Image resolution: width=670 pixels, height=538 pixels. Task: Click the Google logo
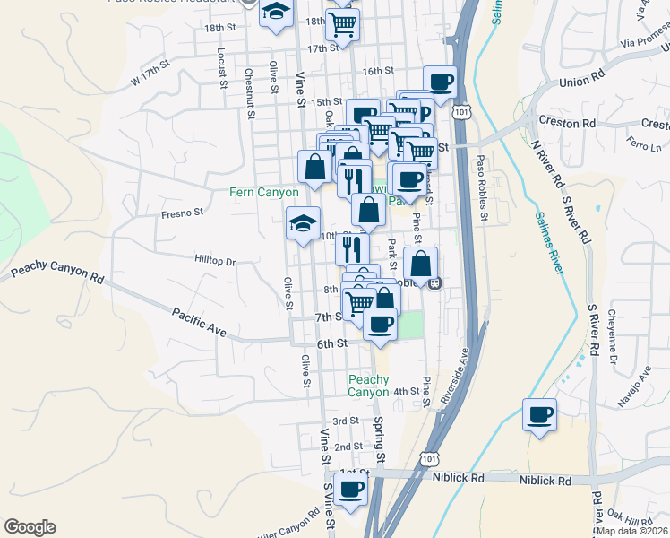tap(30, 527)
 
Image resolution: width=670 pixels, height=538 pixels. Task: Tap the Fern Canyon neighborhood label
tap(264, 192)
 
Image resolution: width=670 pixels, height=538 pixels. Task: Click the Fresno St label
tap(183, 213)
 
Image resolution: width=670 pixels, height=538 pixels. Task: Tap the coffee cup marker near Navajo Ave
tap(540, 415)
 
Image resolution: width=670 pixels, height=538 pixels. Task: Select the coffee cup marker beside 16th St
tap(440, 82)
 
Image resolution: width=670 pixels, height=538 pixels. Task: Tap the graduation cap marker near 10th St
tap(303, 222)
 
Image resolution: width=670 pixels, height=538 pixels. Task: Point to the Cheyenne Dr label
tap(612, 331)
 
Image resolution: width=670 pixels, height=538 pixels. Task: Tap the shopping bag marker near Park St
tap(420, 264)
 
